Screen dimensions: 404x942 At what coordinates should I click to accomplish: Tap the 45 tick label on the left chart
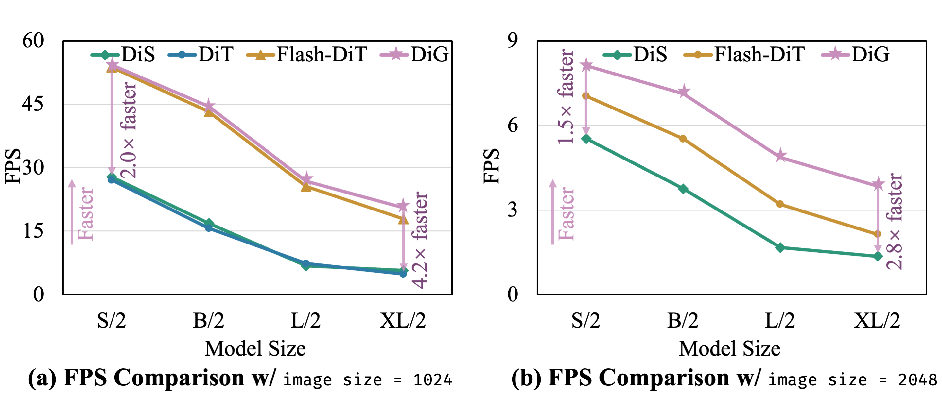coord(33,104)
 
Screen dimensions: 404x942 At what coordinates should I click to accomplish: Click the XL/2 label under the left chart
coord(403,321)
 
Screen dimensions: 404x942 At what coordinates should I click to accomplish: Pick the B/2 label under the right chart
coord(683,321)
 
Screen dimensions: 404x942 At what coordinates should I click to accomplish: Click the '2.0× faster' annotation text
coord(129,130)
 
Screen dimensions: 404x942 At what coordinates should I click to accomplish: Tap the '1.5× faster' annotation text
coord(566,97)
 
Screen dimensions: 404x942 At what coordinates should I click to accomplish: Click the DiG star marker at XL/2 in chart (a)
coord(403,206)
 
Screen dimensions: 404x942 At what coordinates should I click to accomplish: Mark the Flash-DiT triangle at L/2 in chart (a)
coord(306,187)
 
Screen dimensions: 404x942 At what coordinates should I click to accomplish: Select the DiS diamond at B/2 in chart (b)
coord(683,189)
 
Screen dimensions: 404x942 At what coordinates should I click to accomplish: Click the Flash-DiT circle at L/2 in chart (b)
coord(780,204)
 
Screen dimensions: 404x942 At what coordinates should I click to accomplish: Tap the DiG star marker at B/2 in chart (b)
coord(683,92)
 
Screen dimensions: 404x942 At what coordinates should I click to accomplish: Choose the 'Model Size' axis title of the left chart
coord(255,348)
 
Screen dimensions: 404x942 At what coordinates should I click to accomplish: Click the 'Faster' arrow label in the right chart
coord(566,214)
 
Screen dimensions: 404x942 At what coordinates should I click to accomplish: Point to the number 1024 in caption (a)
coord(433,380)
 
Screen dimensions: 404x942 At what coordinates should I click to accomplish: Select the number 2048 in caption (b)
coord(917,380)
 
